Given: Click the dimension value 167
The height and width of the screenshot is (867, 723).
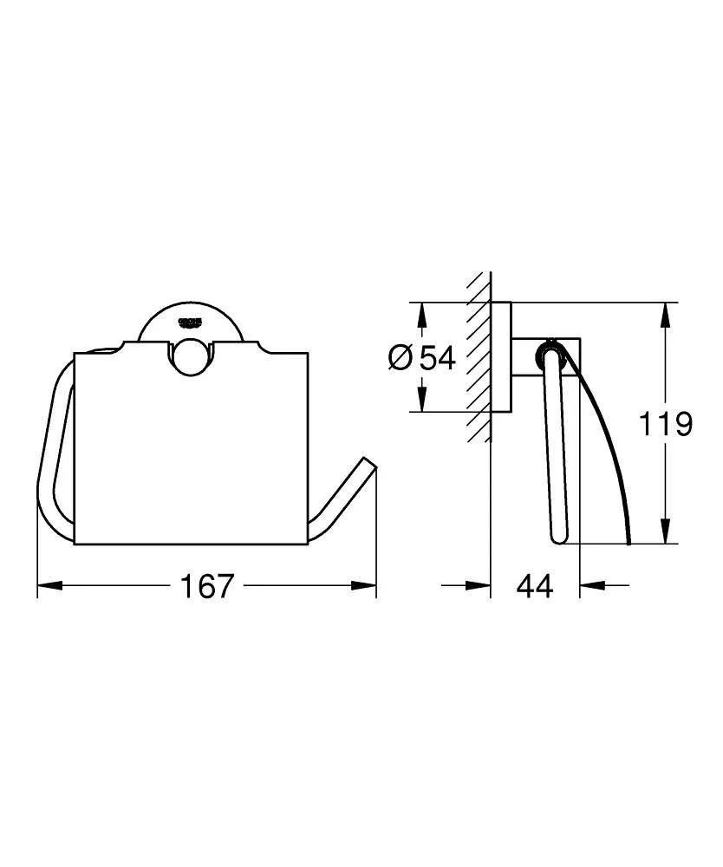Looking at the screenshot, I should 207,587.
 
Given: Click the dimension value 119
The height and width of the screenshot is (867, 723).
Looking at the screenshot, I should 666,424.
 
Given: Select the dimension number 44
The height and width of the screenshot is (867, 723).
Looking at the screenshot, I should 534,587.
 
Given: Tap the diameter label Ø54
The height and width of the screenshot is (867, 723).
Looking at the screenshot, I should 422,357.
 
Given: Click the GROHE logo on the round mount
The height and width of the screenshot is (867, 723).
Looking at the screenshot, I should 189,323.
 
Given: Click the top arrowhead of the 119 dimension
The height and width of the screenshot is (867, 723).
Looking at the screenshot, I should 665,312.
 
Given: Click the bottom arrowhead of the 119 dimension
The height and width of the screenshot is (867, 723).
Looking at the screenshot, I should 665,534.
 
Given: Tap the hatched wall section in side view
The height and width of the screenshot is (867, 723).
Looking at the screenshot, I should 478,355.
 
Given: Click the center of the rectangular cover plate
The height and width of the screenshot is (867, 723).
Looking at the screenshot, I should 191,451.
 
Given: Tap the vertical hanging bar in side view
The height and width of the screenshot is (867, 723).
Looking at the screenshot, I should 556,451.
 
